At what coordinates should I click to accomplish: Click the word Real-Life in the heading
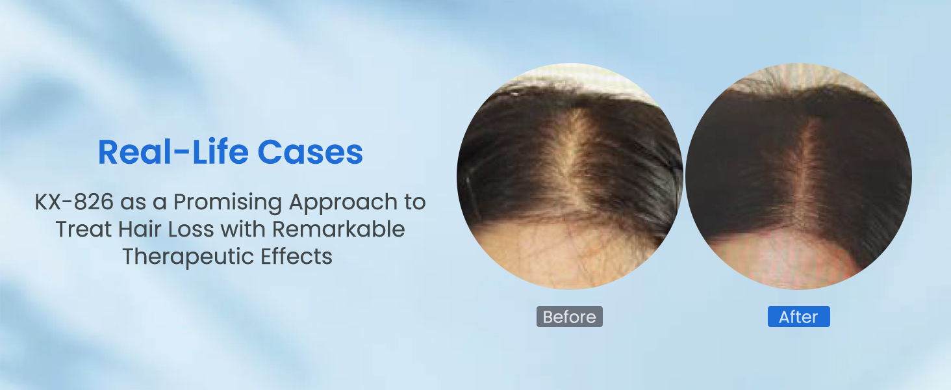[x=173, y=152]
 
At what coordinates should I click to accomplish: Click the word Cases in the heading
[x=311, y=152]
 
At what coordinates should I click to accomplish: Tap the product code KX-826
[x=74, y=201]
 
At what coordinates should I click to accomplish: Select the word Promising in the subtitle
[x=227, y=203]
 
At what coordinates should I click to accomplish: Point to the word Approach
[x=343, y=203]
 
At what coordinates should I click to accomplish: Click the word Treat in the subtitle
[x=83, y=229]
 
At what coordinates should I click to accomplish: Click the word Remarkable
[x=338, y=229]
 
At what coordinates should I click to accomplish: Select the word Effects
[x=296, y=256]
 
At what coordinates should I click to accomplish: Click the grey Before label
[x=569, y=317]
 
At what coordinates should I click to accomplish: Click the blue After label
[x=798, y=317]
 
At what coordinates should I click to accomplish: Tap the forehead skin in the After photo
[x=785, y=259]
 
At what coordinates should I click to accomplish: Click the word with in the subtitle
[x=243, y=229]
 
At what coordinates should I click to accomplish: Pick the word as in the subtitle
[x=133, y=203]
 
